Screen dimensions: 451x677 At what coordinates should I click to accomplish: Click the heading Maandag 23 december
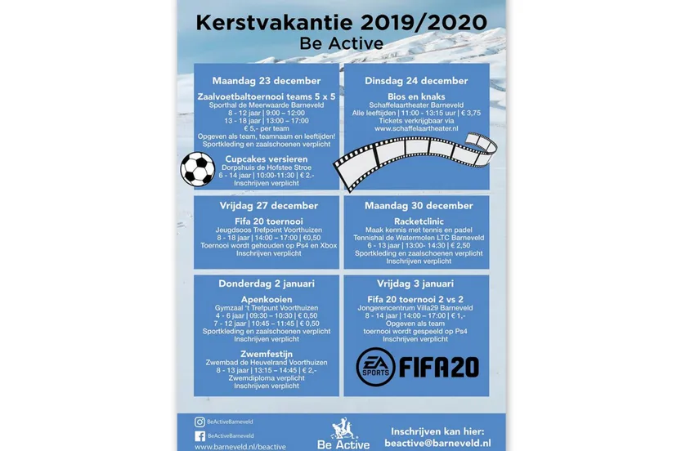point(266,81)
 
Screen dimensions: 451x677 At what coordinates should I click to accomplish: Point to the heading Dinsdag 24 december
point(415,81)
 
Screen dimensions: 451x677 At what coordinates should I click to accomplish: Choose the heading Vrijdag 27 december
point(266,205)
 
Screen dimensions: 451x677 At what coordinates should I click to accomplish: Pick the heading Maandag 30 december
point(415,205)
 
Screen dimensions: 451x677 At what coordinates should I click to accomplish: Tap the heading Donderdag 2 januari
point(266,284)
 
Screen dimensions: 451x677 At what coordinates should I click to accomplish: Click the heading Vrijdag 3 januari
point(415,284)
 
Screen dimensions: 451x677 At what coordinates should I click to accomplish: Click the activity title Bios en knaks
point(415,96)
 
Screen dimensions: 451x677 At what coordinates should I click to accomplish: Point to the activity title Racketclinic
point(415,220)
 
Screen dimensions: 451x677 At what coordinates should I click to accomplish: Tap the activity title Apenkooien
point(266,299)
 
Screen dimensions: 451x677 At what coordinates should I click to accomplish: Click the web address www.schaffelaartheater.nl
point(415,128)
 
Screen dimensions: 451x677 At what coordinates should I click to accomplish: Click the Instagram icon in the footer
point(200,422)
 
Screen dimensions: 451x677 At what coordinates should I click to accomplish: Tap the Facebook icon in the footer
point(200,435)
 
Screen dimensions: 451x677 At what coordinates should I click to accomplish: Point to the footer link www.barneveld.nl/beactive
point(240,447)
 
